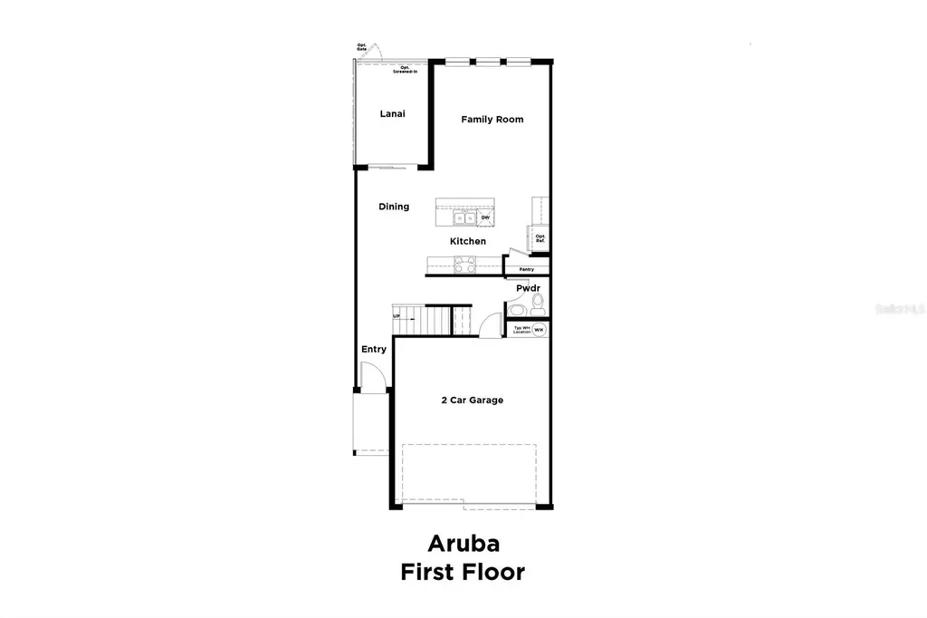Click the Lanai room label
(x=392, y=114)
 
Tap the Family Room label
(x=492, y=120)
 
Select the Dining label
(x=394, y=207)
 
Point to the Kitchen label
(x=468, y=241)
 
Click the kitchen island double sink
(x=463, y=217)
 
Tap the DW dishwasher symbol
(x=485, y=217)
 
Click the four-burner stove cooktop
(x=463, y=265)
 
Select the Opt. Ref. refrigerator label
(x=540, y=239)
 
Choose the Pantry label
(x=526, y=269)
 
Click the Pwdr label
(x=529, y=288)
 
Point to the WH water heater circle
(x=539, y=330)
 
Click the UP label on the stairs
(x=397, y=316)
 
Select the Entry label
(x=374, y=349)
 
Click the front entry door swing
(x=371, y=376)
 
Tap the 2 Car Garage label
(x=471, y=400)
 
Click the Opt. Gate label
(x=361, y=47)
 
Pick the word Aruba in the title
(x=463, y=544)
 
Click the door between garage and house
(x=492, y=325)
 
